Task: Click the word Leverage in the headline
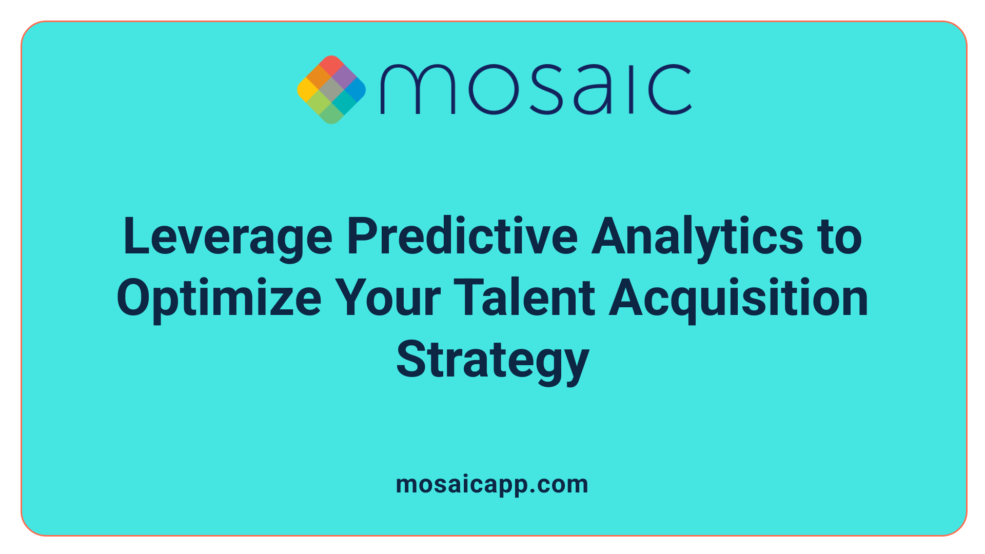coord(228,237)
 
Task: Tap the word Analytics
coord(697,237)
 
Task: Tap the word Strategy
coord(493,360)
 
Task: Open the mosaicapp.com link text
coord(492,484)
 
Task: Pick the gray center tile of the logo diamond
coord(331,89)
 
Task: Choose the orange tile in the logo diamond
coord(320,77)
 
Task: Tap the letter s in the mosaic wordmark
coord(544,89)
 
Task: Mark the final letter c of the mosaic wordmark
coord(670,89)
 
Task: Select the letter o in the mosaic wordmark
coord(490,89)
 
